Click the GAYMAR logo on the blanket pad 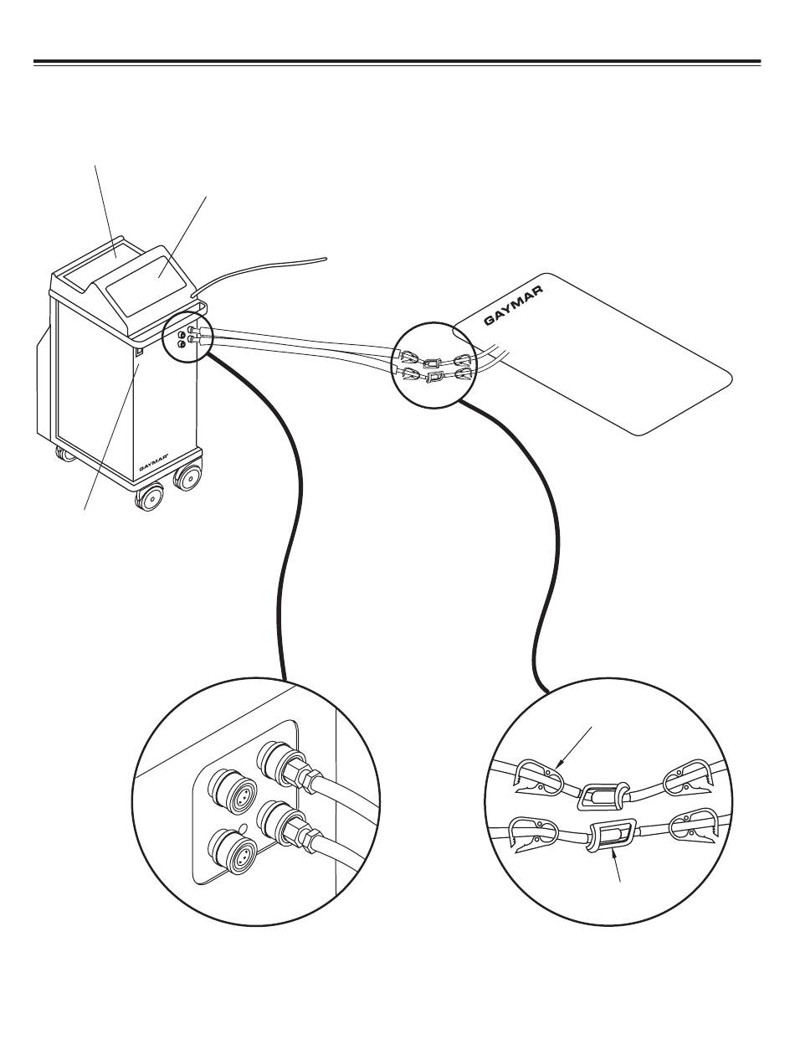(x=513, y=306)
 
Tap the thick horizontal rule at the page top (x=397, y=62)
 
